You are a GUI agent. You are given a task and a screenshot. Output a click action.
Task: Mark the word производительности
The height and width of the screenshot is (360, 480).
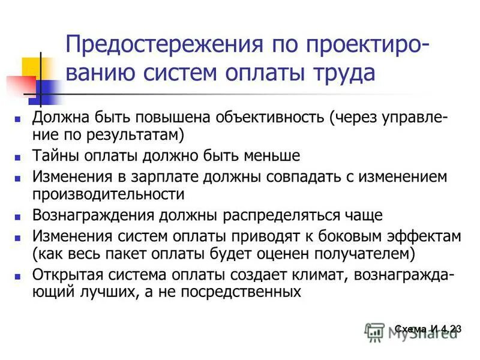point(109,194)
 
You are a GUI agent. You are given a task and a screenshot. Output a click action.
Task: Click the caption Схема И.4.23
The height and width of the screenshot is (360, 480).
point(428,328)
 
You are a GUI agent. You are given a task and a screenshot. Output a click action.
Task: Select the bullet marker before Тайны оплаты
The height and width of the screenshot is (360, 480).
point(18,157)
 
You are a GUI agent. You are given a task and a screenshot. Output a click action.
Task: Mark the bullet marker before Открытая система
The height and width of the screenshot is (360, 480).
point(18,276)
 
